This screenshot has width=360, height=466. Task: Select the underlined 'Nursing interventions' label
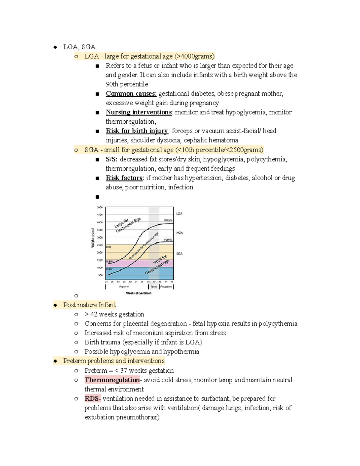tap(139, 112)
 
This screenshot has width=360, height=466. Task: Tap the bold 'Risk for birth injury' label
tap(137, 131)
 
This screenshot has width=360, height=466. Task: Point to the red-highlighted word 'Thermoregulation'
tap(112, 380)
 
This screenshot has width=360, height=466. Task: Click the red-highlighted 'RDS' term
tap(92, 398)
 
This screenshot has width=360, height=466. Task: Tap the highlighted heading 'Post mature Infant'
tap(89, 305)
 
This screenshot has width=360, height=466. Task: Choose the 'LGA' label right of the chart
tap(179, 214)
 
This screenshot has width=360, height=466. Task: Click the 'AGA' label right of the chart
tap(179, 233)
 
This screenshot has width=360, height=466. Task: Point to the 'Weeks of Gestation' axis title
tap(139, 293)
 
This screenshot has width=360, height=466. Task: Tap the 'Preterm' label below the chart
tap(124, 287)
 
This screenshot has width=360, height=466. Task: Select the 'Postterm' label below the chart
tap(166, 287)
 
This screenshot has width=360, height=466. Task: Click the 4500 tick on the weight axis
tap(100, 215)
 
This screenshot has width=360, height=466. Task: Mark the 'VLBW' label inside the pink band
tap(109, 262)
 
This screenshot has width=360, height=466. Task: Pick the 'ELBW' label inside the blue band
tap(109, 269)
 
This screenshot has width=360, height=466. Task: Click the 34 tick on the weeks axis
tap(136, 282)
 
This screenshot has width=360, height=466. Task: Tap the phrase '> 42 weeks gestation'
tap(114, 314)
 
